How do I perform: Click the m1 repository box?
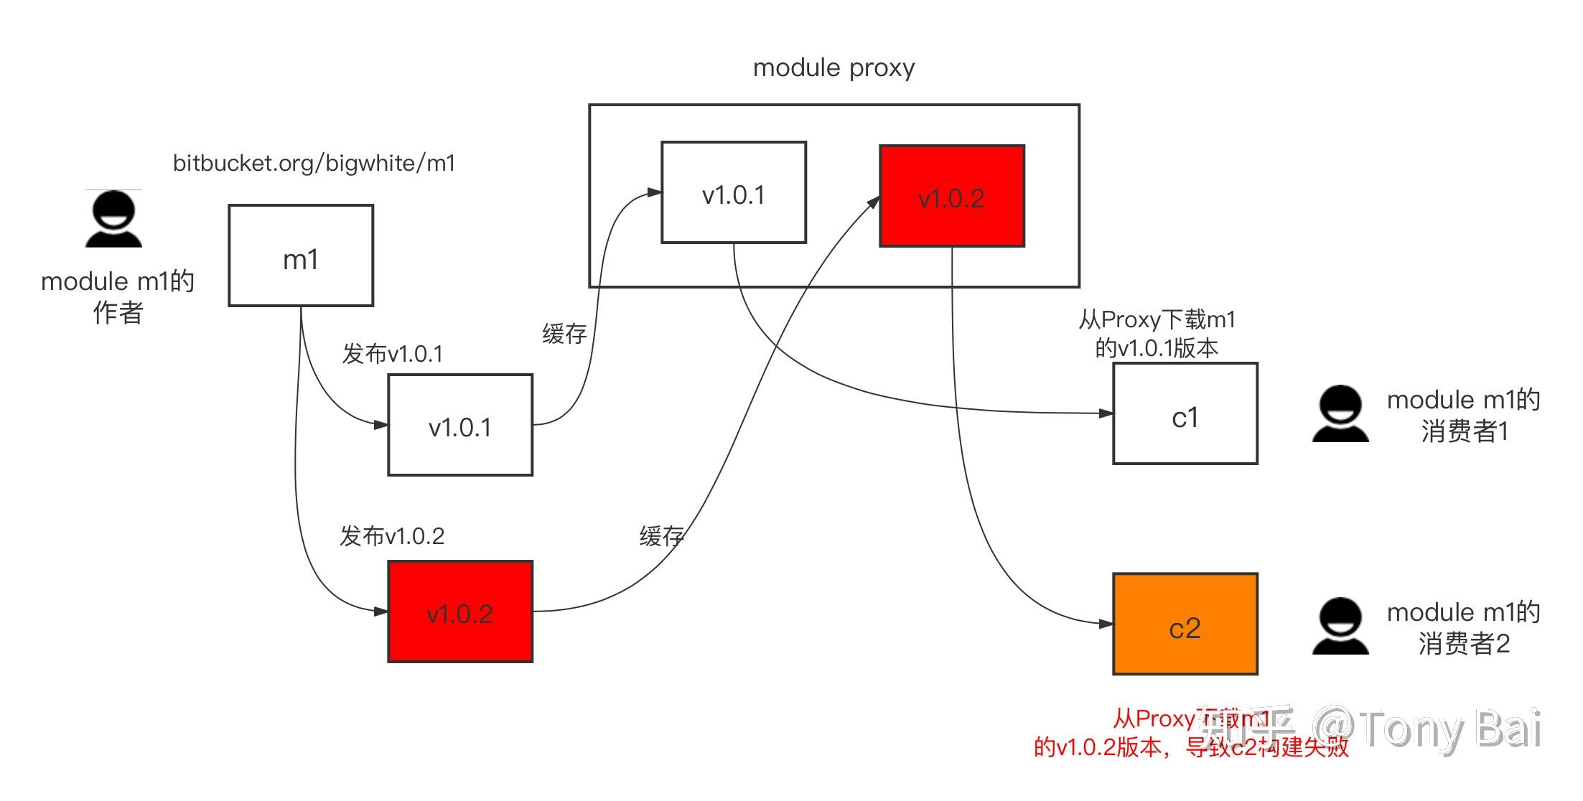pos(301,256)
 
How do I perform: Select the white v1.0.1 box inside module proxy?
pos(734,192)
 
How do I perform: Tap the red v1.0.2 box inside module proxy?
pos(952,196)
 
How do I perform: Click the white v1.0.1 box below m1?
pos(460,425)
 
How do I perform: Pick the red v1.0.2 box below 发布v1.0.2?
pos(460,612)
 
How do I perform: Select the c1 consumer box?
pos(1185,413)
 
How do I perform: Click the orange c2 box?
pos(1185,624)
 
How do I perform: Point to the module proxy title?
pos(833,68)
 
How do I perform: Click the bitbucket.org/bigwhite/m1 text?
pos(314,164)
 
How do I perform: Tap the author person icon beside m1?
pos(113,220)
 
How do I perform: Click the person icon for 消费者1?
pos(1340,414)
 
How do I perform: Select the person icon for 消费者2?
pos(1340,627)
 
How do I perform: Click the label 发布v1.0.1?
pos(393,354)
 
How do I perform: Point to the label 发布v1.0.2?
pos(392,536)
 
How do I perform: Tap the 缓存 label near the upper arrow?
pos(564,334)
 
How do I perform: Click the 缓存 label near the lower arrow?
pos(661,536)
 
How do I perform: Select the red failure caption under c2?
pos(1191,734)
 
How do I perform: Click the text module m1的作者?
pos(118,296)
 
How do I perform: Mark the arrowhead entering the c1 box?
pos(1106,413)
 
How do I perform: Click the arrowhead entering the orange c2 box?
pos(1106,624)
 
